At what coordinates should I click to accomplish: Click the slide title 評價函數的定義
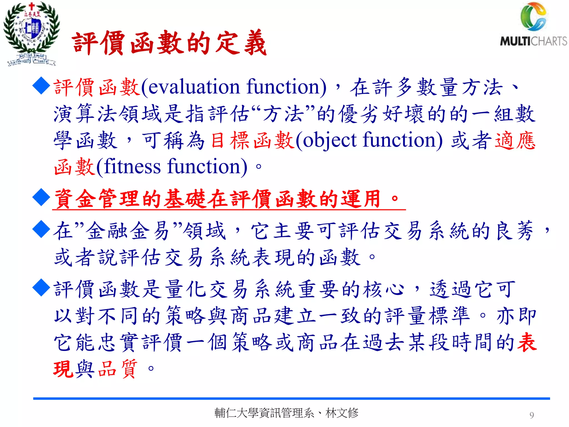click(169, 43)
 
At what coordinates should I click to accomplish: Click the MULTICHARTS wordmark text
click(533, 41)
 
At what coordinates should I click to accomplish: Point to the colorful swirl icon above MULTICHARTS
click(533, 17)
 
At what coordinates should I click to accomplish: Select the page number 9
click(531, 415)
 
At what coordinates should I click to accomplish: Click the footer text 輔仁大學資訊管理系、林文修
click(286, 413)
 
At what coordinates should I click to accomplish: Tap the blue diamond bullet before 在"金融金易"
click(41, 229)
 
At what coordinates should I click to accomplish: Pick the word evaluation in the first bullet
click(194, 87)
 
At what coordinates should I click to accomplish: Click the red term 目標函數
click(252, 140)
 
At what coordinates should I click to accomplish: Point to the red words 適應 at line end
click(515, 140)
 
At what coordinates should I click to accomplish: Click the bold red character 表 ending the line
click(527, 342)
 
